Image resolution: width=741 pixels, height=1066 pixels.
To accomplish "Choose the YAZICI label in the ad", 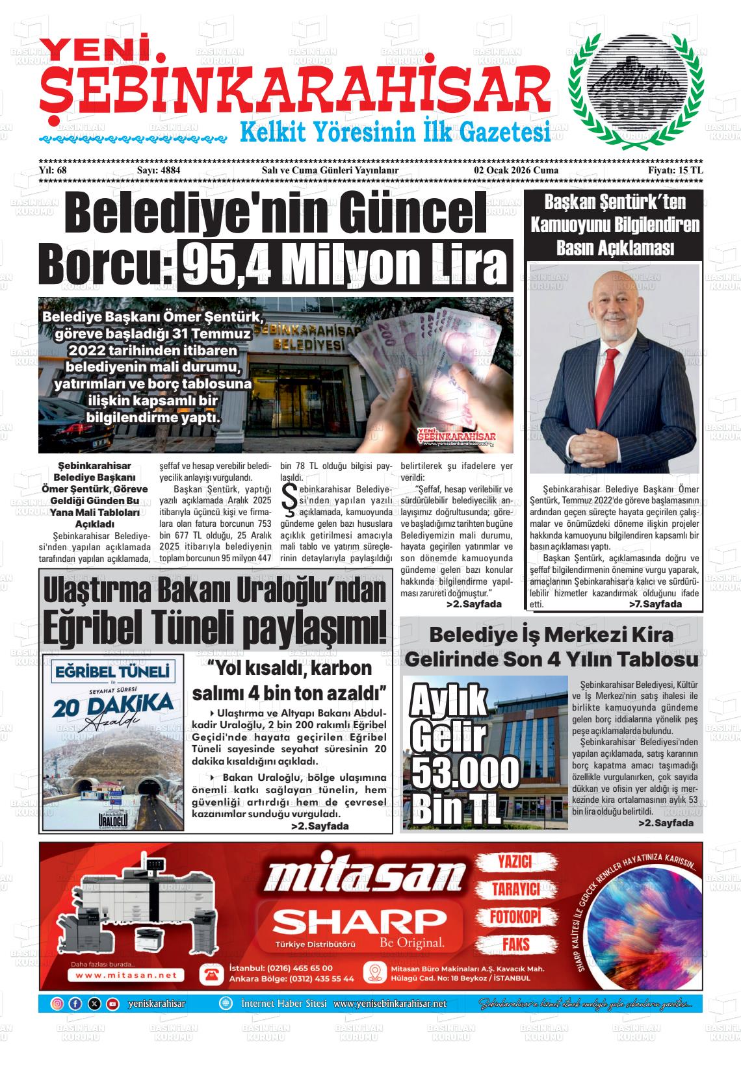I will click(x=515, y=861).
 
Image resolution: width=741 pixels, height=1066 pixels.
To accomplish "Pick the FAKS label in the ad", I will click(x=515, y=945).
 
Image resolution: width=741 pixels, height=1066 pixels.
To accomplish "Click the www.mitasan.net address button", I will click(x=126, y=975).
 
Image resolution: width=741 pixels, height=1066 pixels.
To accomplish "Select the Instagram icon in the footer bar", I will click(x=57, y=1004).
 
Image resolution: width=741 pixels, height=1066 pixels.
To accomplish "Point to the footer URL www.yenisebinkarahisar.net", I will click(x=390, y=1004).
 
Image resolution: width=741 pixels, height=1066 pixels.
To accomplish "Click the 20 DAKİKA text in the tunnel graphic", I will click(x=113, y=706).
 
